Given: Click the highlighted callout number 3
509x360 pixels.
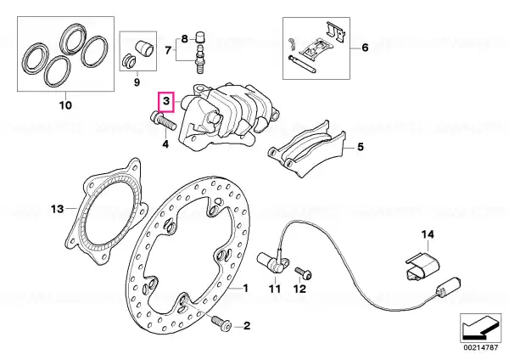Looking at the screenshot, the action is tap(166, 101).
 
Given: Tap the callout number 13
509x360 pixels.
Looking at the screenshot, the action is tap(57, 209).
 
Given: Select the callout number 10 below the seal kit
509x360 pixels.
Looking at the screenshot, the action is tap(65, 105).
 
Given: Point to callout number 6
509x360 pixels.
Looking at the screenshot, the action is tap(365, 48).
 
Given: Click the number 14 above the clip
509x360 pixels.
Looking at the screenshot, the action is tap(428, 234).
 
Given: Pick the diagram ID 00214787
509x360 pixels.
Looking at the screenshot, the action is tap(480, 347).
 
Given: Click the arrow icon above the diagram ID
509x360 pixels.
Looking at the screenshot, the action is tap(480, 328).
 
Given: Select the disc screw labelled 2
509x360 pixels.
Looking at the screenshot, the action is tap(221, 323).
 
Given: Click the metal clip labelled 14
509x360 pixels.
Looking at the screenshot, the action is tap(422, 265).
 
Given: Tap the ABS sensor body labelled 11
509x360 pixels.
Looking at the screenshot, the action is tap(272, 262).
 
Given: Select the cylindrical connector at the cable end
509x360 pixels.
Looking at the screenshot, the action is tap(450, 287).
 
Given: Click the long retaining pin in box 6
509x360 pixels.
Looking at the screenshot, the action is tap(301, 64).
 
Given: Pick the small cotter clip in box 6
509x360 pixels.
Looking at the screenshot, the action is tap(292, 44).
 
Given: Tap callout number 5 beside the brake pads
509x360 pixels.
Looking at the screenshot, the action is tap(361, 147).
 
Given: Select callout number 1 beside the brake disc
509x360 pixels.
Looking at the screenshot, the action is tap(245, 288).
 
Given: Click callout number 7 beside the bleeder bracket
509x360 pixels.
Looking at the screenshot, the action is tap(168, 51).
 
